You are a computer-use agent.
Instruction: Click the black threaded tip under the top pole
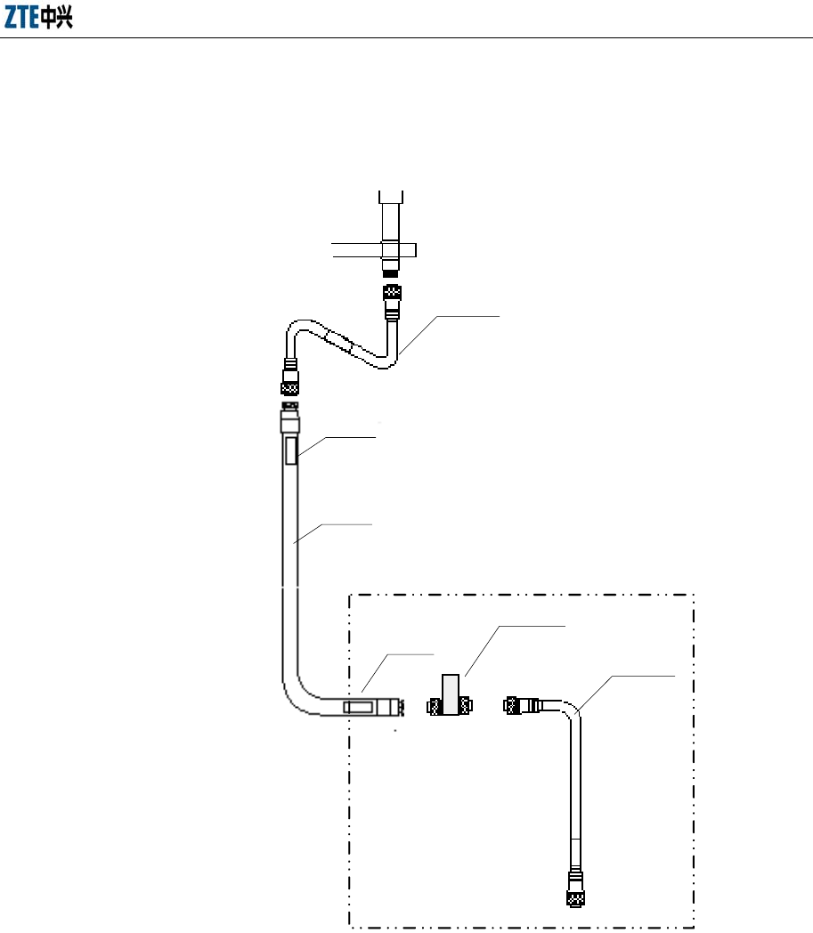click(391, 266)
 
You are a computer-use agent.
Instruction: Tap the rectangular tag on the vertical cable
click(291, 451)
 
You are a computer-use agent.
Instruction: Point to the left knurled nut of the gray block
click(435, 708)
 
